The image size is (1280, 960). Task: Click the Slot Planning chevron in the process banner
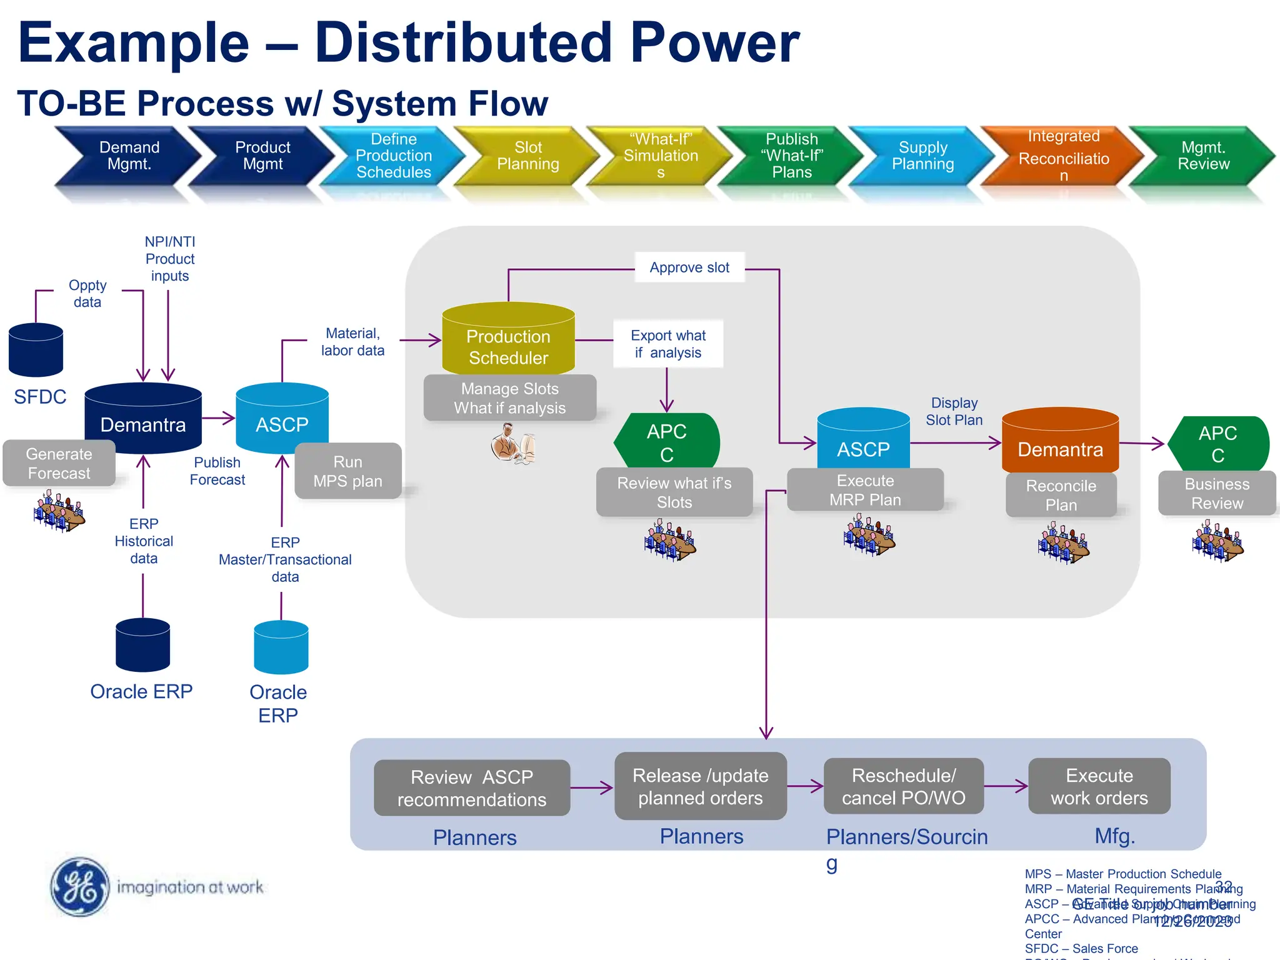pyautogui.click(x=528, y=156)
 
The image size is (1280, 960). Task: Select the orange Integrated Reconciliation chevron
pyautogui.click(x=1063, y=156)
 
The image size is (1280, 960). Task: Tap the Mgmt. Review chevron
pyautogui.click(x=1203, y=156)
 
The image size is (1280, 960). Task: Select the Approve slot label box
pyautogui.click(x=689, y=267)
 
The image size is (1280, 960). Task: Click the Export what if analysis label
pyautogui.click(x=667, y=344)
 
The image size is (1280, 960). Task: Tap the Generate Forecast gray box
pyautogui.click(x=59, y=464)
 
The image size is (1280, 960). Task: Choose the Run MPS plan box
pyautogui.click(x=347, y=471)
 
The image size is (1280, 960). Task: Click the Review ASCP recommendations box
pyautogui.click(x=472, y=788)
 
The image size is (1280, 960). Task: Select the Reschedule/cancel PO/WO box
pyautogui.click(x=903, y=786)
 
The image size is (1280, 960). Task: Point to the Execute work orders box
pyautogui.click(x=1099, y=786)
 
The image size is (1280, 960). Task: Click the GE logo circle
pyautogui.click(x=79, y=887)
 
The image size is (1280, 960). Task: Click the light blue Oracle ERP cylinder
pyautogui.click(x=281, y=647)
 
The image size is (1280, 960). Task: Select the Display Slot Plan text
pyautogui.click(x=954, y=411)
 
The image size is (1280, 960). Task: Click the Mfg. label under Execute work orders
pyautogui.click(x=1114, y=836)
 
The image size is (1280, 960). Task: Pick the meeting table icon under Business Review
pyautogui.click(x=1217, y=542)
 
